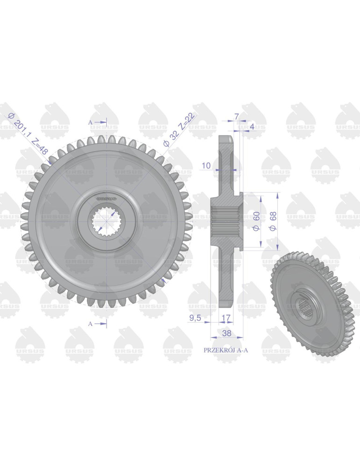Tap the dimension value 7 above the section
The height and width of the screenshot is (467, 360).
[x=237, y=116]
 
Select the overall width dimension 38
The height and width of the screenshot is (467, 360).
[x=226, y=333]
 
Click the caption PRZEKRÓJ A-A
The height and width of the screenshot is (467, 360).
[x=226, y=350]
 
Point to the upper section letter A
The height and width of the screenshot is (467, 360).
[x=91, y=122]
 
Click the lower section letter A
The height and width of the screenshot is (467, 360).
[x=91, y=323]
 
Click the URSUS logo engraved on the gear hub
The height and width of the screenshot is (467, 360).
[x=107, y=198]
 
